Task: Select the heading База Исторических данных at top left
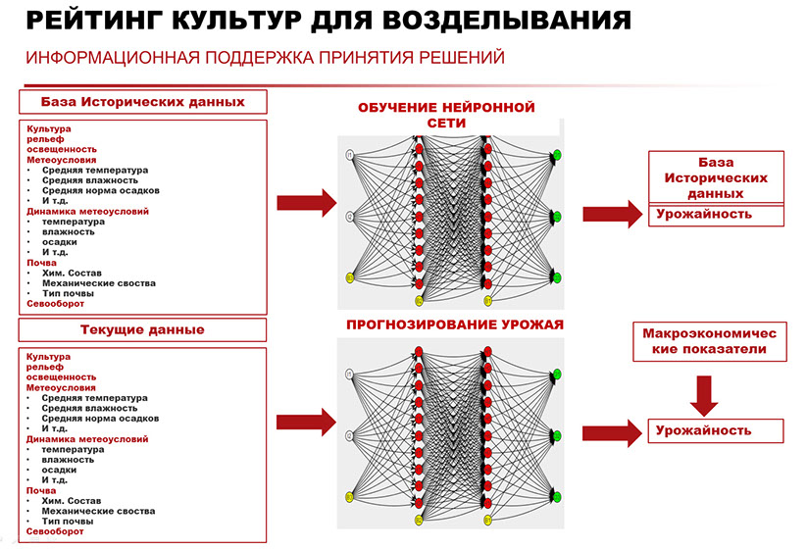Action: pos(142,102)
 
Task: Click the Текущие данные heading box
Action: pos(142,328)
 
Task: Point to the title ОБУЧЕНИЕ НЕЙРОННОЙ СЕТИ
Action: pos(446,115)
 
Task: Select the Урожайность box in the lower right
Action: pos(715,430)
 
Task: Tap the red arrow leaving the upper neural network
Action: pos(611,215)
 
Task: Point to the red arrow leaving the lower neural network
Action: pos(611,432)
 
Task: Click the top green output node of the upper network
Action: pos(556,155)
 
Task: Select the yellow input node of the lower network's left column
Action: pos(349,498)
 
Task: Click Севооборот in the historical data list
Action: pos(55,304)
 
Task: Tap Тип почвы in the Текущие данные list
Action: pos(68,522)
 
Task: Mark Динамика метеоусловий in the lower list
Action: pos(87,439)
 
